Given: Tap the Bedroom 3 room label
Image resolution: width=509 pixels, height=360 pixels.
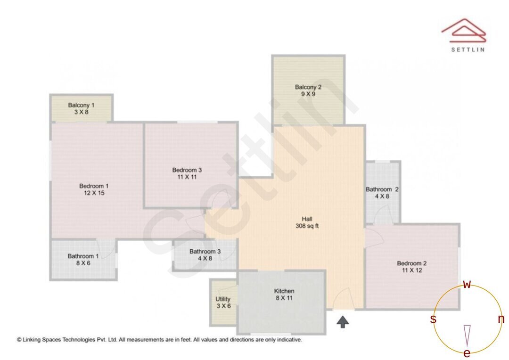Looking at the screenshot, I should pos(187,170).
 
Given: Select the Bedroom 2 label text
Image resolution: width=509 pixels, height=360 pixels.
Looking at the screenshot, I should pos(412,263).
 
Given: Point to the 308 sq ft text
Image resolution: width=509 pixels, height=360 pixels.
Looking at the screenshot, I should pos(307,226).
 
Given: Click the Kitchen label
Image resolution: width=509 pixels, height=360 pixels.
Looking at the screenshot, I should pos(284,291).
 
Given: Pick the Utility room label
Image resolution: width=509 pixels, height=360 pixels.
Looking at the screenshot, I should pos(223,299).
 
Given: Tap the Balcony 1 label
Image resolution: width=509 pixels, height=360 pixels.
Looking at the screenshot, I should pos(81,105).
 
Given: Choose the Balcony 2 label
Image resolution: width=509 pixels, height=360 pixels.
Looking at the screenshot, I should pos(308,87).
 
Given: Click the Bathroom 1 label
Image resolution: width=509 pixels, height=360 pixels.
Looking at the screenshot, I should pos(83,256).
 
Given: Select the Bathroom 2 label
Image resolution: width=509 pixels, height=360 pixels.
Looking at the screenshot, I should pos(382,189).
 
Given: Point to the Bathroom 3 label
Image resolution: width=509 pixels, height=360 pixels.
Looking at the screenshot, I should pos(205,252).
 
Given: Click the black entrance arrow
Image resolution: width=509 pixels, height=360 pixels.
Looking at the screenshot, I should pos(343,322).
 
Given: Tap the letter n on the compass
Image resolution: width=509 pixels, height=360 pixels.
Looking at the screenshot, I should pos(501,319).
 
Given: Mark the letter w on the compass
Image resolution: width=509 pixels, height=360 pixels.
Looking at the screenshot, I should pos(467,284).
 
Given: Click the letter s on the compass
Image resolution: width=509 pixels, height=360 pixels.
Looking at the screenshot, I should pos(433,319).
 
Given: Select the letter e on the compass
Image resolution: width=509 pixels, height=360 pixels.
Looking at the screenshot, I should pos(467,353).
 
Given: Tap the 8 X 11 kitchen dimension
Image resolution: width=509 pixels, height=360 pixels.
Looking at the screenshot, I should pos(284,298).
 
